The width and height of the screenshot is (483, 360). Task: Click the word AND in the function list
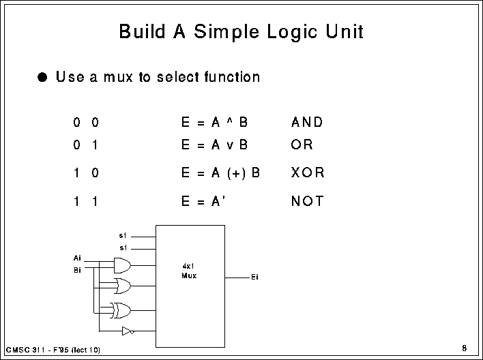(x=306, y=123)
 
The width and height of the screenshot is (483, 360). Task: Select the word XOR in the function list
(x=308, y=173)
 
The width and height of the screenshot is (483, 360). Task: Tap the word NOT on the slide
(x=307, y=201)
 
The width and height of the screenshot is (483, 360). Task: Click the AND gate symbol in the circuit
(x=123, y=264)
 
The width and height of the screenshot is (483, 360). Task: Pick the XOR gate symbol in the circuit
(x=123, y=310)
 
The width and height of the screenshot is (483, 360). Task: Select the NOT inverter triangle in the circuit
(x=126, y=331)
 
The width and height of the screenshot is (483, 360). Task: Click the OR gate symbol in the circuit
(x=123, y=285)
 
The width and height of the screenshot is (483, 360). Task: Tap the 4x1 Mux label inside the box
(x=189, y=271)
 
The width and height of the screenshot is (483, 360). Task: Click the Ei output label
(x=254, y=278)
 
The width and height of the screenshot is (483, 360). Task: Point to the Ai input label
(x=77, y=258)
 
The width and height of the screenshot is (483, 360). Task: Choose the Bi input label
(x=77, y=270)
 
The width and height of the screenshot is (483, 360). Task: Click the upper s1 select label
(x=123, y=235)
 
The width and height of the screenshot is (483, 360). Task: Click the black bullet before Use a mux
(x=44, y=77)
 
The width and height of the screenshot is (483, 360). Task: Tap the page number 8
(x=464, y=348)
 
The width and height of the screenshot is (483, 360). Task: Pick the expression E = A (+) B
(x=220, y=173)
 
